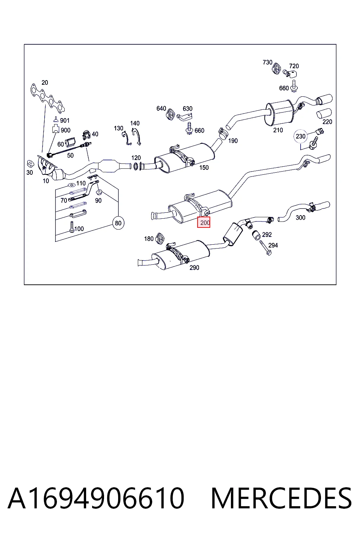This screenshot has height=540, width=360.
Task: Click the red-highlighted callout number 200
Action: tap(204, 222)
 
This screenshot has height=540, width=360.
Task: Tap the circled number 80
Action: tap(118, 223)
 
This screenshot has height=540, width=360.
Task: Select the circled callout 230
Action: tap(301, 136)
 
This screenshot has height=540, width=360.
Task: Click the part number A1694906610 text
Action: tap(96, 498)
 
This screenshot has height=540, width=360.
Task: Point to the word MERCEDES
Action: tap(281, 498)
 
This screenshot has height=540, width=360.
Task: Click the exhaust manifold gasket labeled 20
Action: tap(48, 98)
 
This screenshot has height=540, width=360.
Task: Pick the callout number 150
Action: tap(204, 168)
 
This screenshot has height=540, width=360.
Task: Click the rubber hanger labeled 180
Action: tap(160, 238)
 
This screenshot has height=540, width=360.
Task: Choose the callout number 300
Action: tap(301, 218)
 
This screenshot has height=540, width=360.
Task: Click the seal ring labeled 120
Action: tap(136, 166)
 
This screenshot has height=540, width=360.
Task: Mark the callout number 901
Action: tap(65, 120)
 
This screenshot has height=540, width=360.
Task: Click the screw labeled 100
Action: tap(72, 227)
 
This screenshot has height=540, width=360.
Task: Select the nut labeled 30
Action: tap(31, 164)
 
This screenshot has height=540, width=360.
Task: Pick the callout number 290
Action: tap(194, 268)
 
